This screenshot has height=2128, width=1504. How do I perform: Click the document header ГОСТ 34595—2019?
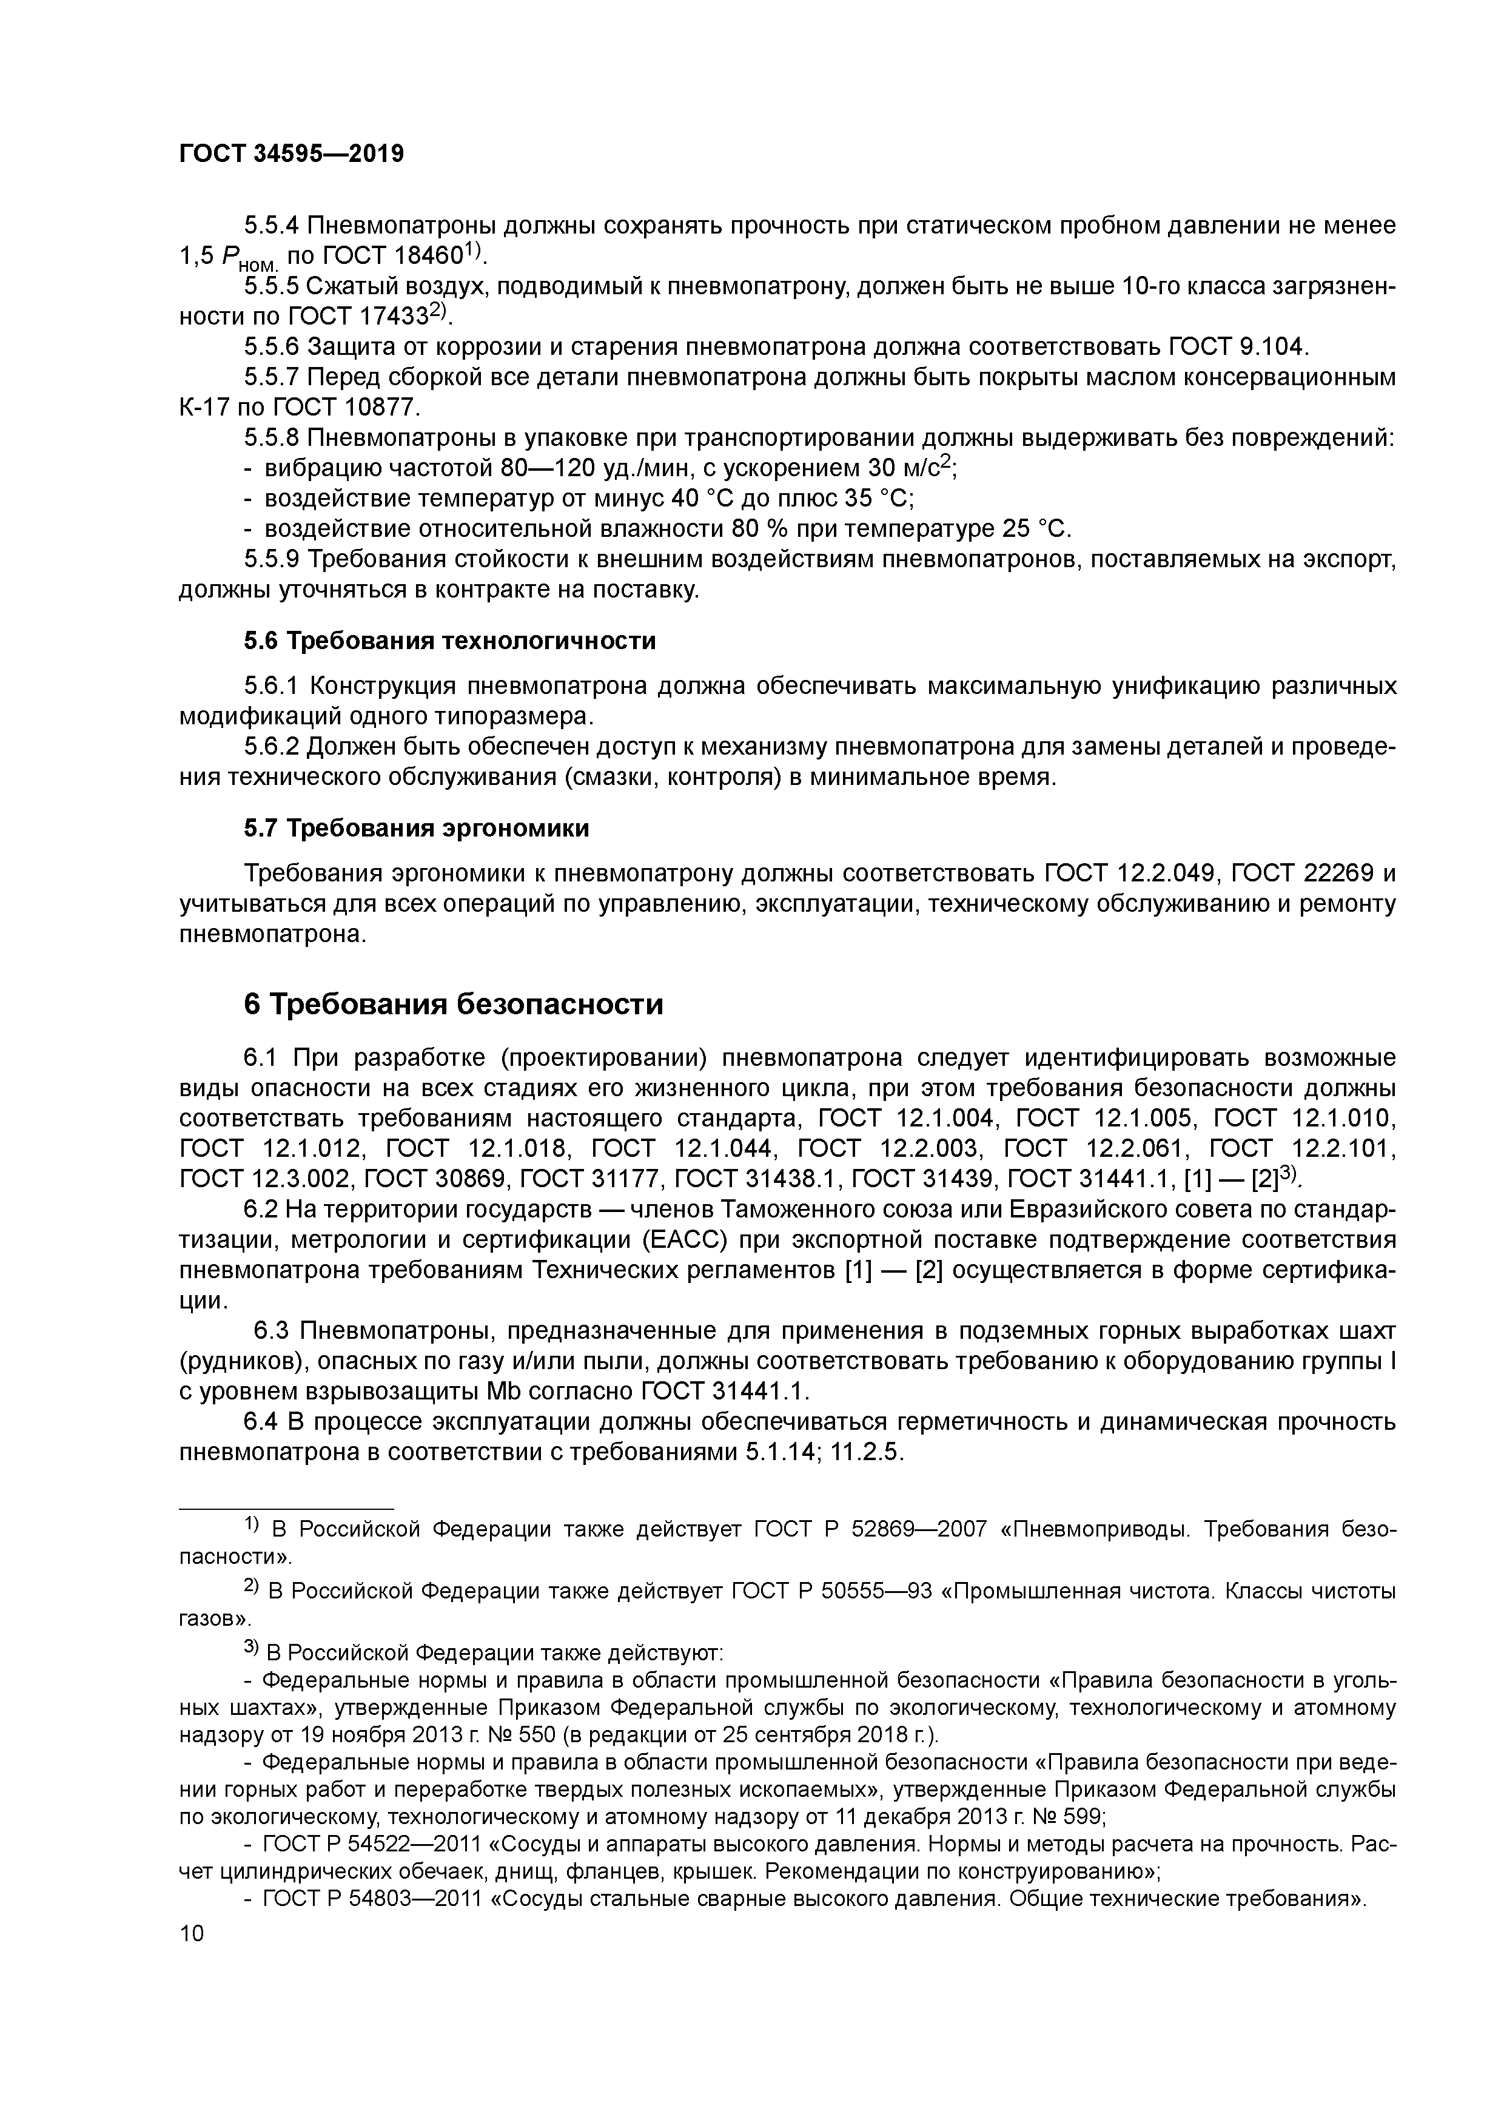(291, 154)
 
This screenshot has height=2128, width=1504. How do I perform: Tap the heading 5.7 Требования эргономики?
(416, 827)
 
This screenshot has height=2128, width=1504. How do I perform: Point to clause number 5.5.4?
(272, 225)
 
